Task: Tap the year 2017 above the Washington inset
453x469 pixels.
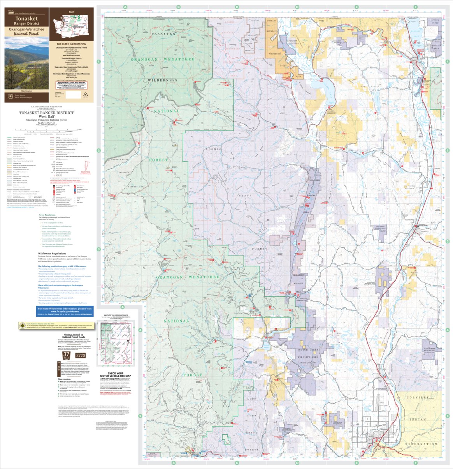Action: (x=72, y=12)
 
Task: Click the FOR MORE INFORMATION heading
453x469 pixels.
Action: (x=71, y=44)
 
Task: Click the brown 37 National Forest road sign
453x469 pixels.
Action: (x=67, y=356)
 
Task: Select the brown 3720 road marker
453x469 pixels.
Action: (x=81, y=356)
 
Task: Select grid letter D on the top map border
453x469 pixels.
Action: (x=297, y=7)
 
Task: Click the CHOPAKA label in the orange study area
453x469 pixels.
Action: (x=272, y=20)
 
